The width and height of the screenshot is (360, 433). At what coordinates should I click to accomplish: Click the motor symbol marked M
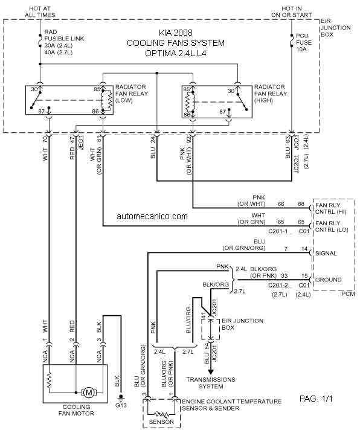click(89, 393)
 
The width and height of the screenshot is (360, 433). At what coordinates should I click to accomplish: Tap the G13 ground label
click(121, 405)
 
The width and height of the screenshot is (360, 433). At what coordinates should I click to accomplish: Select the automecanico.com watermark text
click(152, 216)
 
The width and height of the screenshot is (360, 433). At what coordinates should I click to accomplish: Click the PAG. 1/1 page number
click(316, 399)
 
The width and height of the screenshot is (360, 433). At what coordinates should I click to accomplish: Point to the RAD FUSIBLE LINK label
click(64, 35)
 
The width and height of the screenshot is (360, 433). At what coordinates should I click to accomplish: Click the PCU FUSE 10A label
click(304, 42)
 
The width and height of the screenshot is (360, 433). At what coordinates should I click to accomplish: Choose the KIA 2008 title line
click(175, 33)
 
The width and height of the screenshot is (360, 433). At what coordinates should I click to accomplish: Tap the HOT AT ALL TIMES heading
click(40, 12)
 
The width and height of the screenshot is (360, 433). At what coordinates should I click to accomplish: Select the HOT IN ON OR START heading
click(292, 12)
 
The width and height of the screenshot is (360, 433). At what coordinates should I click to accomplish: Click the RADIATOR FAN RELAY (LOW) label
click(132, 94)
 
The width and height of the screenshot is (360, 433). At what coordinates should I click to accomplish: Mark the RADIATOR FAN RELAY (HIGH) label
click(271, 94)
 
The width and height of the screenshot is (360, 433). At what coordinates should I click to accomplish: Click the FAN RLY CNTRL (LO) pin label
click(332, 226)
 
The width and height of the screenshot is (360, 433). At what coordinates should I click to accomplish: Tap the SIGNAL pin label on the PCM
click(326, 253)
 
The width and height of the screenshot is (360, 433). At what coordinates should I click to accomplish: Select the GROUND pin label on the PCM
click(328, 280)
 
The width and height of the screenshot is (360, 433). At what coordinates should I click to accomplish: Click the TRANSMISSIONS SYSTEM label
click(211, 383)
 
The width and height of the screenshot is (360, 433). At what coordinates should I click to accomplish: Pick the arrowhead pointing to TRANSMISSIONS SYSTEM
click(211, 371)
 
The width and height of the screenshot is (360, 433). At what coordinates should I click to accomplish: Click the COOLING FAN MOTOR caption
click(76, 410)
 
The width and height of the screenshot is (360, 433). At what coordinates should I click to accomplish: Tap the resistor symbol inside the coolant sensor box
click(161, 414)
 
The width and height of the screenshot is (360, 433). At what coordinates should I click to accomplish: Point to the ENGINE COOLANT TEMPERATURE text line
click(231, 402)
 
